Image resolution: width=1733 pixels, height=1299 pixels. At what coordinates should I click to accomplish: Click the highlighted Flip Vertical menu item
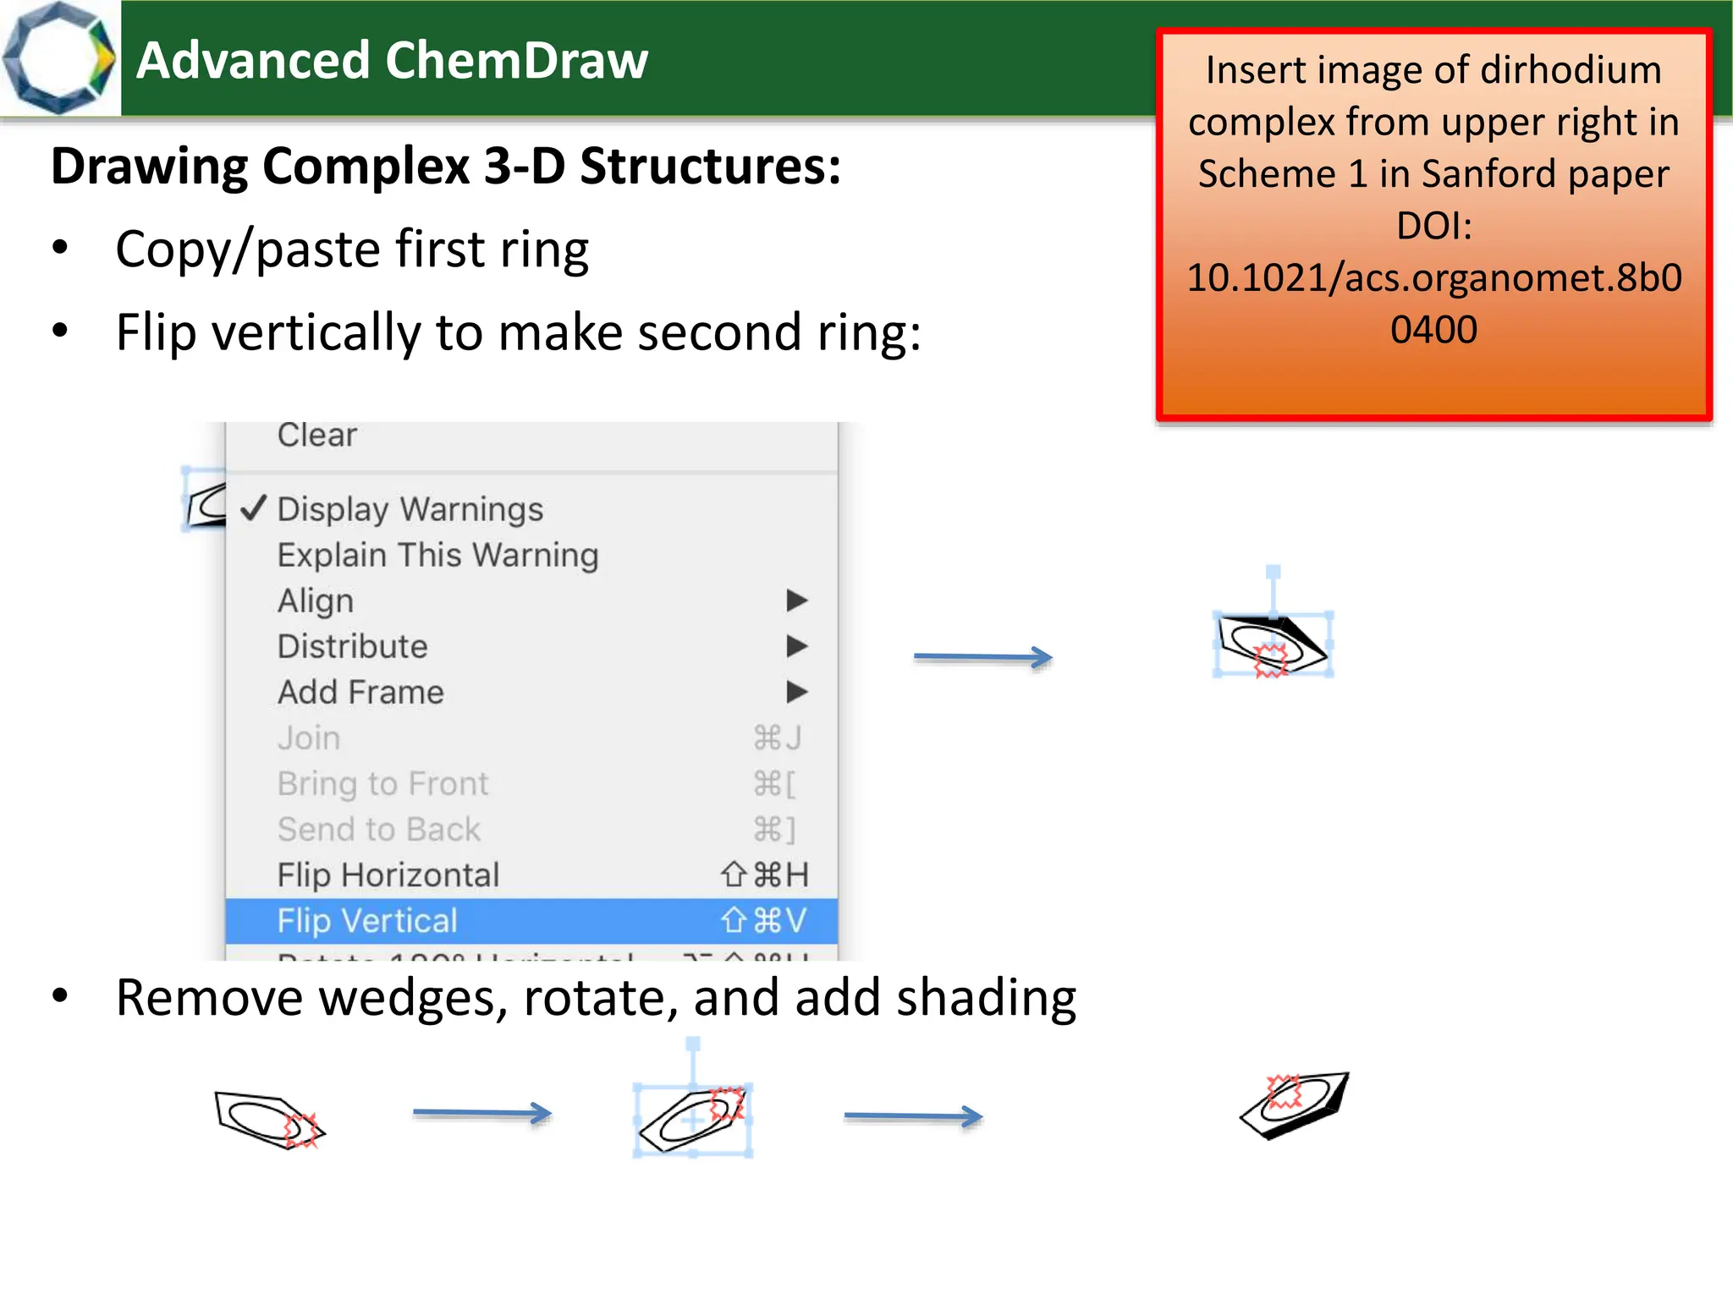click(x=367, y=921)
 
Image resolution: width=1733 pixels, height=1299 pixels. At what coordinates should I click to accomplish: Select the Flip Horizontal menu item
click(x=388, y=875)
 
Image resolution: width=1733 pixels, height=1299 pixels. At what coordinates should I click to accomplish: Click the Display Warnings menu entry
click(x=410, y=509)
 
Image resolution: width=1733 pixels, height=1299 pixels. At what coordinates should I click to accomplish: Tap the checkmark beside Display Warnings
click(x=254, y=508)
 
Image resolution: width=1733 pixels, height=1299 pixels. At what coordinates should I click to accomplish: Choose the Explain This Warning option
click(x=437, y=556)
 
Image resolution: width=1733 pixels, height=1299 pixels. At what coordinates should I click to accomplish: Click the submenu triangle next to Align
click(x=796, y=600)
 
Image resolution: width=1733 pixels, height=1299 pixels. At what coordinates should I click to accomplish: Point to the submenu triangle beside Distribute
click(x=796, y=646)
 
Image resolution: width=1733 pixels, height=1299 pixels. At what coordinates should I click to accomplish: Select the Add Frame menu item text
click(x=360, y=693)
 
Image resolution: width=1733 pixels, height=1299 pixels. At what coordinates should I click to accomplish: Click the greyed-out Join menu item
click(x=309, y=738)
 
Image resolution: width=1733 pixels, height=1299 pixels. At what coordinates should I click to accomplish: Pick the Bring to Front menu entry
click(x=382, y=784)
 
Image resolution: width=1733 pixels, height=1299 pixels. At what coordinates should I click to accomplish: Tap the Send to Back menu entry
click(x=378, y=830)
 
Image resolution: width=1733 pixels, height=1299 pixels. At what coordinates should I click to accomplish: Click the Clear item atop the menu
click(x=317, y=436)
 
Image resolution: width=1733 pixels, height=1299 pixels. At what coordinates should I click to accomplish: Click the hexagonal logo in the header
click(x=59, y=58)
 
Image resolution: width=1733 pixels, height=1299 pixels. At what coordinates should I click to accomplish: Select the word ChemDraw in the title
click(x=516, y=61)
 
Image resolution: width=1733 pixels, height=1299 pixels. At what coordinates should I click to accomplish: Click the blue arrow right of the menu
click(x=982, y=657)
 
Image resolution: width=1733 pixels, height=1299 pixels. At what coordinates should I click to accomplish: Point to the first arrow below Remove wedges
click(x=481, y=1113)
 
